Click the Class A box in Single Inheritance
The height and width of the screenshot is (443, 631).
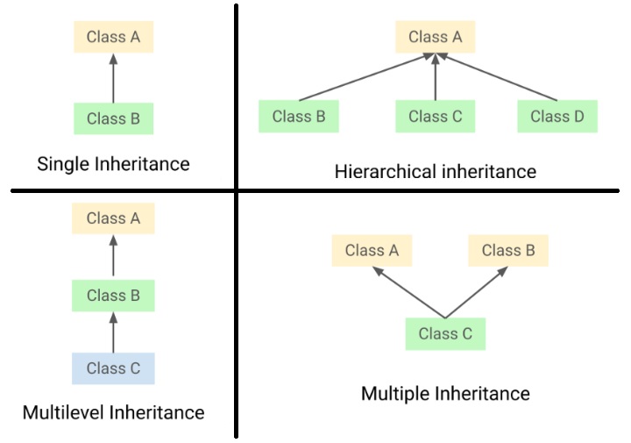tap(113, 38)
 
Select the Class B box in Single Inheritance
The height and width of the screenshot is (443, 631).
tap(113, 118)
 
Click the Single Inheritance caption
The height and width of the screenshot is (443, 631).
tap(113, 163)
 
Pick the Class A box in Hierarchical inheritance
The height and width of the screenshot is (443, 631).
tap(435, 37)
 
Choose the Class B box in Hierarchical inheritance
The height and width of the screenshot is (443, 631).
tap(299, 117)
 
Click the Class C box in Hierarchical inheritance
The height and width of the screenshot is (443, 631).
tap(435, 117)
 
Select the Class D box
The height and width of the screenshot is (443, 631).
tap(557, 117)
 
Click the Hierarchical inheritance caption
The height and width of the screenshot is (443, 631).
tap(435, 171)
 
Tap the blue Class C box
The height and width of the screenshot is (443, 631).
tap(113, 368)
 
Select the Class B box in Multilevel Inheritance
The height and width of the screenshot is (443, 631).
tap(113, 296)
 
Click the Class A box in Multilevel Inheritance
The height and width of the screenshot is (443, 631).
tap(113, 218)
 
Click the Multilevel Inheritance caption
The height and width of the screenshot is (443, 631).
tap(113, 411)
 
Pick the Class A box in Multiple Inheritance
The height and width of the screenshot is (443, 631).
tap(372, 251)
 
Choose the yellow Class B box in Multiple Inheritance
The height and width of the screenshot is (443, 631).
tap(507, 251)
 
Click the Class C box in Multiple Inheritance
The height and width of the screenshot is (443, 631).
tap(444, 333)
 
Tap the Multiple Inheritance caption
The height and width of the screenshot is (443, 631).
tap(445, 393)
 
